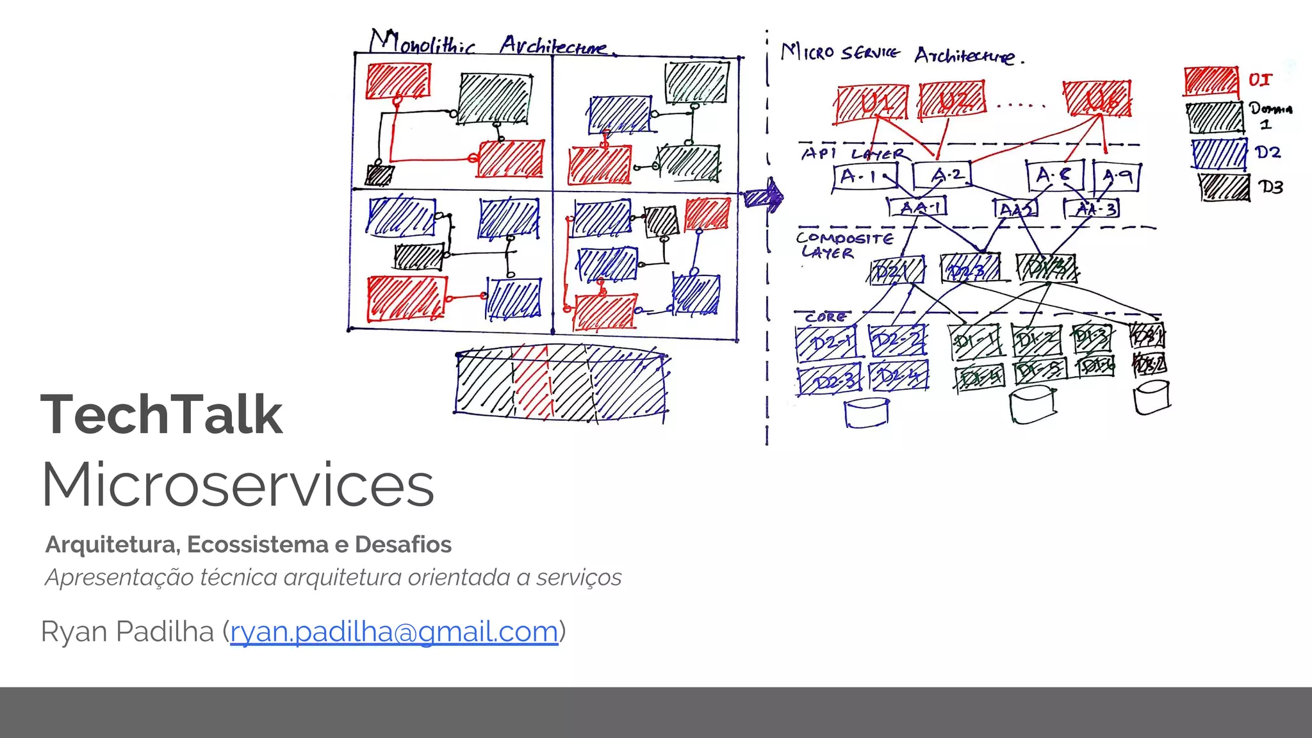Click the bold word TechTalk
pos(161,415)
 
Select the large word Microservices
pos(238,485)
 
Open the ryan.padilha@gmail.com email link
pos(394,632)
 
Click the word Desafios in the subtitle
pos(403,545)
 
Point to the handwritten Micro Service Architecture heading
pos(902,54)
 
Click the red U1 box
pos(872,104)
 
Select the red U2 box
pos(952,101)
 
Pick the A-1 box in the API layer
pos(865,176)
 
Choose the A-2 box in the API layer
pos(942,175)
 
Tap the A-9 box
pos(1117,176)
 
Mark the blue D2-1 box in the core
pos(826,343)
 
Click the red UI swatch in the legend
pos(1210,81)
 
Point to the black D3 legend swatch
pos(1224,188)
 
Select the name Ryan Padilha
pos(127,632)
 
